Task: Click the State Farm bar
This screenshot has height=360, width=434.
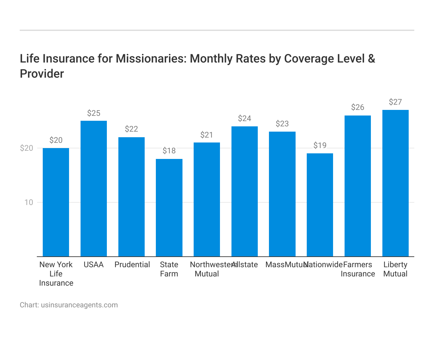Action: [169, 207]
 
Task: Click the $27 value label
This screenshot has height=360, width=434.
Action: [395, 102]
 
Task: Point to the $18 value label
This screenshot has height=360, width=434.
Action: [169, 151]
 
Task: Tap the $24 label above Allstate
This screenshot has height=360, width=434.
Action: [245, 118]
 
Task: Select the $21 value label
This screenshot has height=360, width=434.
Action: [207, 135]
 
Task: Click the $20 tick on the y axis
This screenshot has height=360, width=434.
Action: [27, 148]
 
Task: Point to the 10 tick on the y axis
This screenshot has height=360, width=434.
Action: [29, 202]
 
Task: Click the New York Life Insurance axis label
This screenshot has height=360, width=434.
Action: [56, 274]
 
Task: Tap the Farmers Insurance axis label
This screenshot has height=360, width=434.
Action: [358, 269]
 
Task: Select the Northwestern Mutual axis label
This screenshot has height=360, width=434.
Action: [207, 269]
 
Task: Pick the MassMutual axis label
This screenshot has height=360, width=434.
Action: [285, 265]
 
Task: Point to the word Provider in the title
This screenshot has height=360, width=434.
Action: [42, 74]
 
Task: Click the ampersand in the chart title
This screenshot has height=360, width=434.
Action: [371, 59]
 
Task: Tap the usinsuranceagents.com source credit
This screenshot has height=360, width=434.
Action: [79, 305]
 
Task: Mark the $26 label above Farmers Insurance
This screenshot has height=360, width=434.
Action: [358, 107]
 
